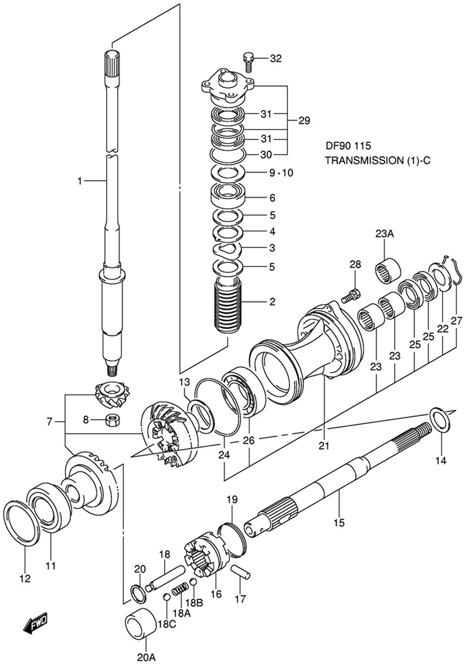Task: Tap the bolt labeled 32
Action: [249, 59]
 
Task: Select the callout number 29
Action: [304, 121]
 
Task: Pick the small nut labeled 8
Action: [112, 419]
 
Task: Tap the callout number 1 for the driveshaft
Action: [80, 182]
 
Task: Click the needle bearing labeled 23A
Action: [388, 269]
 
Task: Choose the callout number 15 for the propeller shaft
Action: [339, 522]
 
